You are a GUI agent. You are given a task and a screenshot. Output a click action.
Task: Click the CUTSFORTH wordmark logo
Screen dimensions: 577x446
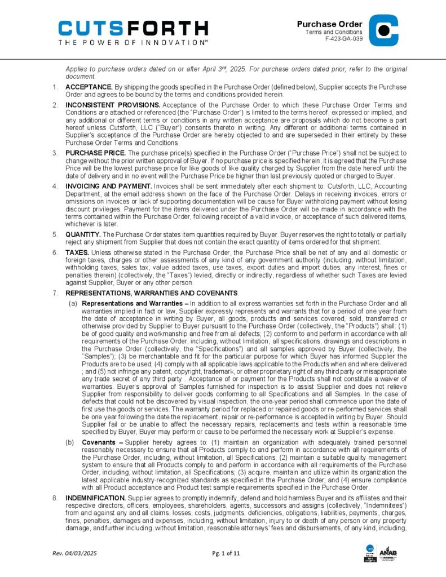(x=133, y=28)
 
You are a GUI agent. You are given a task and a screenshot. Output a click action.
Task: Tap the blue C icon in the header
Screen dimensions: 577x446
(x=383, y=30)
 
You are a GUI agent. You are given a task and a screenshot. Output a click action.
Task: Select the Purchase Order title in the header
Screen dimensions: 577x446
(x=329, y=24)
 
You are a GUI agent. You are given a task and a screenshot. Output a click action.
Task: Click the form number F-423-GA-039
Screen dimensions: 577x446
(x=343, y=39)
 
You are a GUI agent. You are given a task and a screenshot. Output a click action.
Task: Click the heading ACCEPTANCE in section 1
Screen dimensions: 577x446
(x=89, y=87)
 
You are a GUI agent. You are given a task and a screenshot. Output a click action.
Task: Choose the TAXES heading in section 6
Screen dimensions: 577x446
(x=77, y=252)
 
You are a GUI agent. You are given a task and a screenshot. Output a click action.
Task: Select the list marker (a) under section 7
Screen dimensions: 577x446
(x=73, y=304)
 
